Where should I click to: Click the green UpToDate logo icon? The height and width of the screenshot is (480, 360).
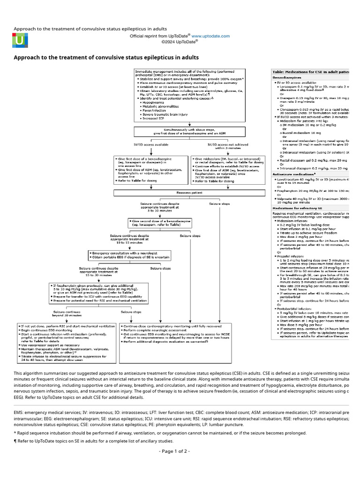tap(19, 41)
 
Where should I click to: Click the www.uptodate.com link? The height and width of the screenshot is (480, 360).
tap(210, 36)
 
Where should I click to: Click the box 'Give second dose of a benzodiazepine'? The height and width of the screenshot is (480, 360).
tap(160, 222)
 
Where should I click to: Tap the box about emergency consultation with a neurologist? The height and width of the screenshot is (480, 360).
tap(129, 255)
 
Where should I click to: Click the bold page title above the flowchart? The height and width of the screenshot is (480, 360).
tap(106, 57)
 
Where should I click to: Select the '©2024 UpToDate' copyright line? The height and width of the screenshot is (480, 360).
tap(180, 41)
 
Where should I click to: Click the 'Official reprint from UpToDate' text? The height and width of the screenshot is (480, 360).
tap(160, 36)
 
